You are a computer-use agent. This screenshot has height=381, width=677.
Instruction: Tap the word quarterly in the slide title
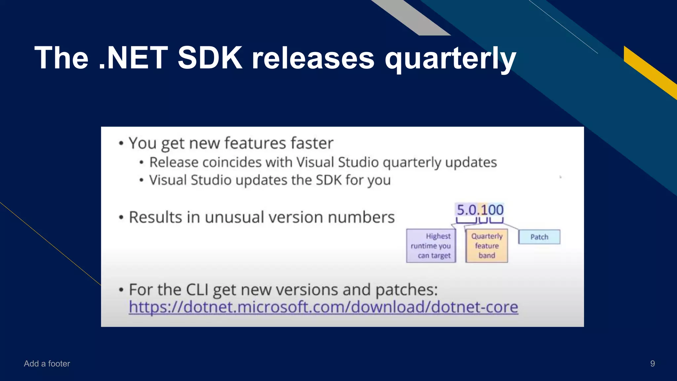pyautogui.click(x=450, y=59)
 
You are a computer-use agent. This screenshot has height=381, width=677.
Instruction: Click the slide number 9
pyautogui.click(x=652, y=363)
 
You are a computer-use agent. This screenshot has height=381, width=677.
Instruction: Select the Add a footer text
pyautogui.click(x=47, y=363)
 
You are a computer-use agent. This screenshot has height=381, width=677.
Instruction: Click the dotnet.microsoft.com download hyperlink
pyautogui.click(x=323, y=307)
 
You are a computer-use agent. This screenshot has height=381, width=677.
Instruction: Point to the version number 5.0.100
pyautogui.click(x=480, y=210)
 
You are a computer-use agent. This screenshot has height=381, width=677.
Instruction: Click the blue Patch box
pyautogui.click(x=539, y=237)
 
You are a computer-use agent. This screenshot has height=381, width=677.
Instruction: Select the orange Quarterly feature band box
pyautogui.click(x=487, y=246)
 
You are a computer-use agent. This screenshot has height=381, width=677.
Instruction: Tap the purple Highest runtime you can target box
pyautogui.click(x=431, y=246)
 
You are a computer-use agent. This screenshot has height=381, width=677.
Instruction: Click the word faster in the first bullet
pyautogui.click(x=312, y=143)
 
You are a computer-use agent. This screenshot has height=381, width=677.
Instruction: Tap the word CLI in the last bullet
pyautogui.click(x=197, y=290)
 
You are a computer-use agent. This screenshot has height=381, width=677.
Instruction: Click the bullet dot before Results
pyautogui.click(x=121, y=218)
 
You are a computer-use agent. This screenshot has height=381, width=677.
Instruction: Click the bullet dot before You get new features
pyautogui.click(x=121, y=144)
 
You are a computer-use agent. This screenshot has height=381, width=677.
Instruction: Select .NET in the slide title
pyautogui.click(x=134, y=58)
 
